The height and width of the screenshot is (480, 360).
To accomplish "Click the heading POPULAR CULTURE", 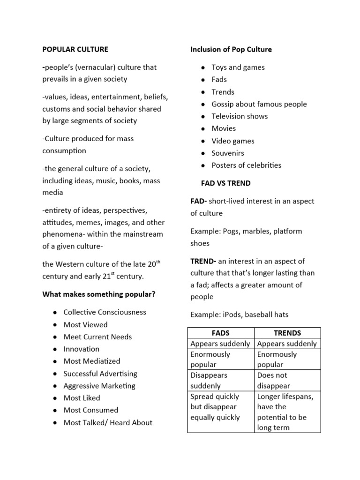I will point(75,49).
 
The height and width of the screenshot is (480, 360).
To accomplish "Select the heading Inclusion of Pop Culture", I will point(231,49).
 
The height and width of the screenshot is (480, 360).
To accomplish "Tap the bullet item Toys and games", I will point(238,67).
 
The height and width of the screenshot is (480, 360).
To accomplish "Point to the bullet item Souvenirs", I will point(227,153).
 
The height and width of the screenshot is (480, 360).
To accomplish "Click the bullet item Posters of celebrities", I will point(246,165).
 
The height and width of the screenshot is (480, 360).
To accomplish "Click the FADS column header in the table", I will point(221,333).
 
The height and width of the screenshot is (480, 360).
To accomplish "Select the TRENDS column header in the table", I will point(287,333).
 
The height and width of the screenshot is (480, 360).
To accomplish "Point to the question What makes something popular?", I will point(98,294).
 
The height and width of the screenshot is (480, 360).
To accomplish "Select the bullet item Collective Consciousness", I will point(105,312).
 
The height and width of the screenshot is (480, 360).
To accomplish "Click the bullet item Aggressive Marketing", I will point(99,386).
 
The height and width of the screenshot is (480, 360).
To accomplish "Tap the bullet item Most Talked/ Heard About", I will point(108,422).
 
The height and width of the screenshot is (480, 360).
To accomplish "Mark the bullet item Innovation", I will point(81,349).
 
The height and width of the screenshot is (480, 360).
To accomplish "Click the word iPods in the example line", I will point(231,315).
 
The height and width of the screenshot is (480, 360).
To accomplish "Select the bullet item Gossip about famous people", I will point(259,104).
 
